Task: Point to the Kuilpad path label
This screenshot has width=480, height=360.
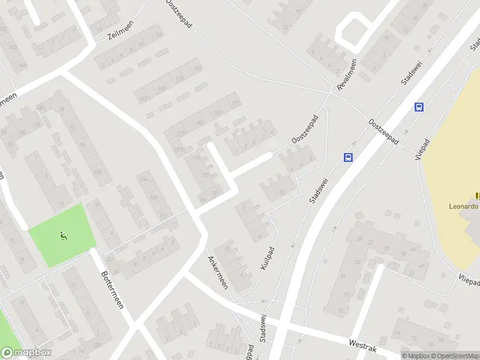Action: point(268,257)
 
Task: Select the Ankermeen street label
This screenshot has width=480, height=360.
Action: point(217,272)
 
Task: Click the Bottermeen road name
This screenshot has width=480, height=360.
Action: point(111,288)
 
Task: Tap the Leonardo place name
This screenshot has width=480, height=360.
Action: point(464,206)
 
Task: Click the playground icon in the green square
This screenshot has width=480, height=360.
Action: point(64,236)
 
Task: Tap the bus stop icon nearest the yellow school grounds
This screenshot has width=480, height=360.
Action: point(419,107)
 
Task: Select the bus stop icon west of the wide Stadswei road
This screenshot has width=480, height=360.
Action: point(348,157)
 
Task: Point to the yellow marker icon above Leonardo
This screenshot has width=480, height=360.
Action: point(478,195)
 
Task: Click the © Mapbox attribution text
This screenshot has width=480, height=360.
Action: point(415,356)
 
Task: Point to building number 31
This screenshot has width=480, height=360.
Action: point(341,310)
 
